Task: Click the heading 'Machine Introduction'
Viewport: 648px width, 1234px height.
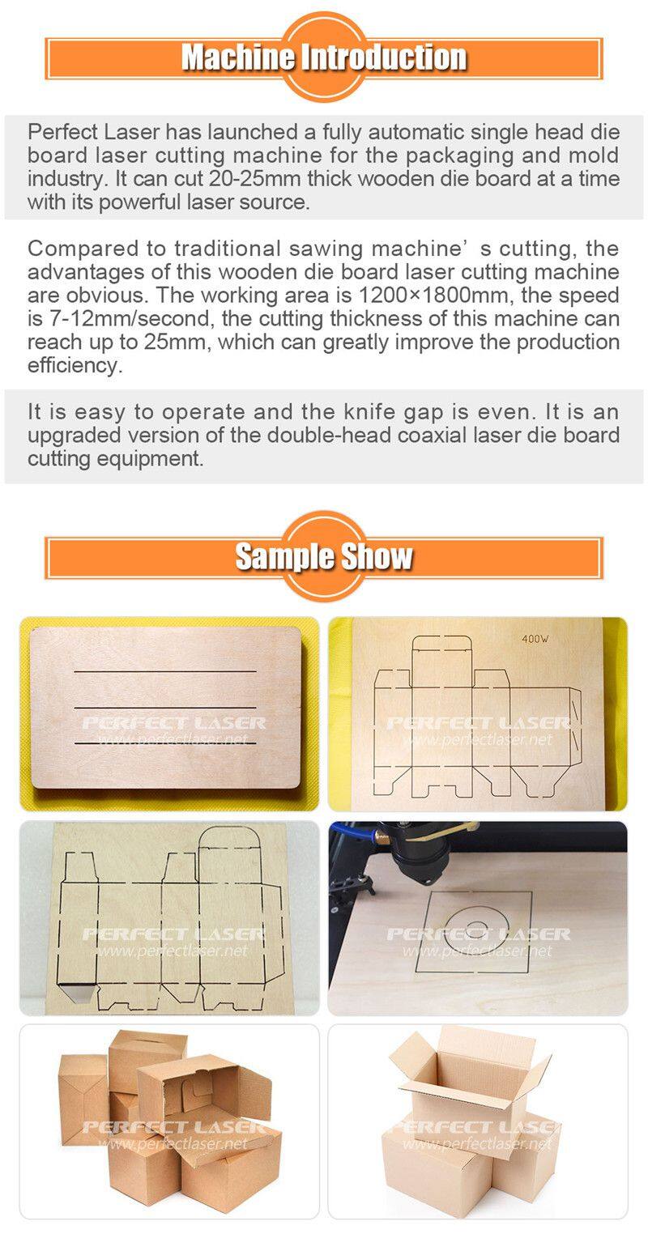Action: tap(324, 57)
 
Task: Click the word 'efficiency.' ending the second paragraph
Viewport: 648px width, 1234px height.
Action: tap(75, 365)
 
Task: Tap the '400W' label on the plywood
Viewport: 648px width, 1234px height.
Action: tap(535, 639)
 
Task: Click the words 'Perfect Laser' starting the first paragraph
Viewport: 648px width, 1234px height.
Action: tap(94, 132)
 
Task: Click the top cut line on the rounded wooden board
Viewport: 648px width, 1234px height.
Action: tap(165, 671)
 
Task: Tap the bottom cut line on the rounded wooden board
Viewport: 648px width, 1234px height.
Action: tap(165, 743)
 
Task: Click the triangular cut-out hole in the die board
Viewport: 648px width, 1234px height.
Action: tap(76, 989)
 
